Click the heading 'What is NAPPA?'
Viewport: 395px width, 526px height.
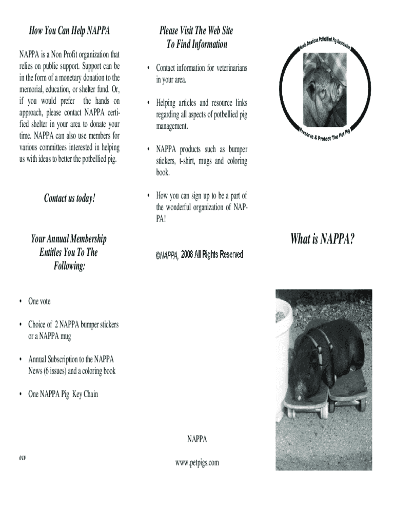click(x=322, y=239)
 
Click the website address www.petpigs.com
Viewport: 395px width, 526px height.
click(x=197, y=463)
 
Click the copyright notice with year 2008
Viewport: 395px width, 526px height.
click(x=199, y=255)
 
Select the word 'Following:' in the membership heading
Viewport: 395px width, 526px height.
click(x=68, y=266)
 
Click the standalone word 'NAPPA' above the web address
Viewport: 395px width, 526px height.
click(x=197, y=439)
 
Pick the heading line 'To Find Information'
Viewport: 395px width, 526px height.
click(x=196, y=44)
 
